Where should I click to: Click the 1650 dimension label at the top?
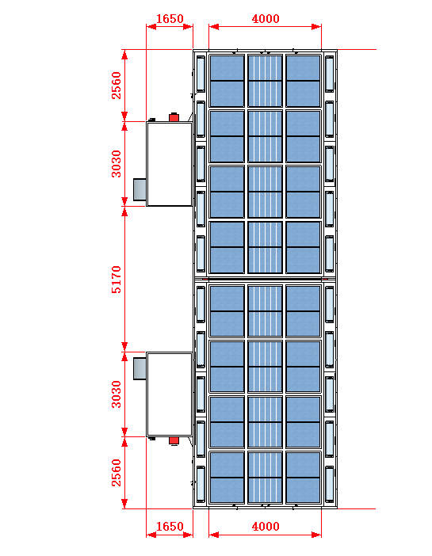[x=170, y=18]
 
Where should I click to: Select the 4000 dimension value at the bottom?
[x=266, y=526]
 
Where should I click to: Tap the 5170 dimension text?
[x=117, y=280]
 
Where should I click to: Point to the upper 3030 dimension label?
[x=117, y=164]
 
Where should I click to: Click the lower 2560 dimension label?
[x=117, y=473]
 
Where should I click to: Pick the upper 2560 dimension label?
[x=117, y=86]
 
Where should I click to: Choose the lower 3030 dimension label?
[x=117, y=394]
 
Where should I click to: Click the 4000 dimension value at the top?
[x=266, y=18]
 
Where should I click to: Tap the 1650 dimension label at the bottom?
[x=170, y=526]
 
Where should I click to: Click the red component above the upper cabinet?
[x=174, y=117]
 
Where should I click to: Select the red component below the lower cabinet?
[x=174, y=440]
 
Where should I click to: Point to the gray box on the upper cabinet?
[x=140, y=189]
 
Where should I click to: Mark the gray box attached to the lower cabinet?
[x=140, y=369]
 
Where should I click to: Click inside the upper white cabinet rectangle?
[x=170, y=164]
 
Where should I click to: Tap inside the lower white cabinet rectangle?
[x=170, y=394]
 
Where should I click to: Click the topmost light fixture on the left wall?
[x=201, y=74]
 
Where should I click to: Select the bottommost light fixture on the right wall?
[x=330, y=484]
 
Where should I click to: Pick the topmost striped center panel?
[x=266, y=81]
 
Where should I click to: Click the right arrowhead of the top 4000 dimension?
[x=316, y=27]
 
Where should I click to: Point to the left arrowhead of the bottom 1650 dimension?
[x=151, y=535]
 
